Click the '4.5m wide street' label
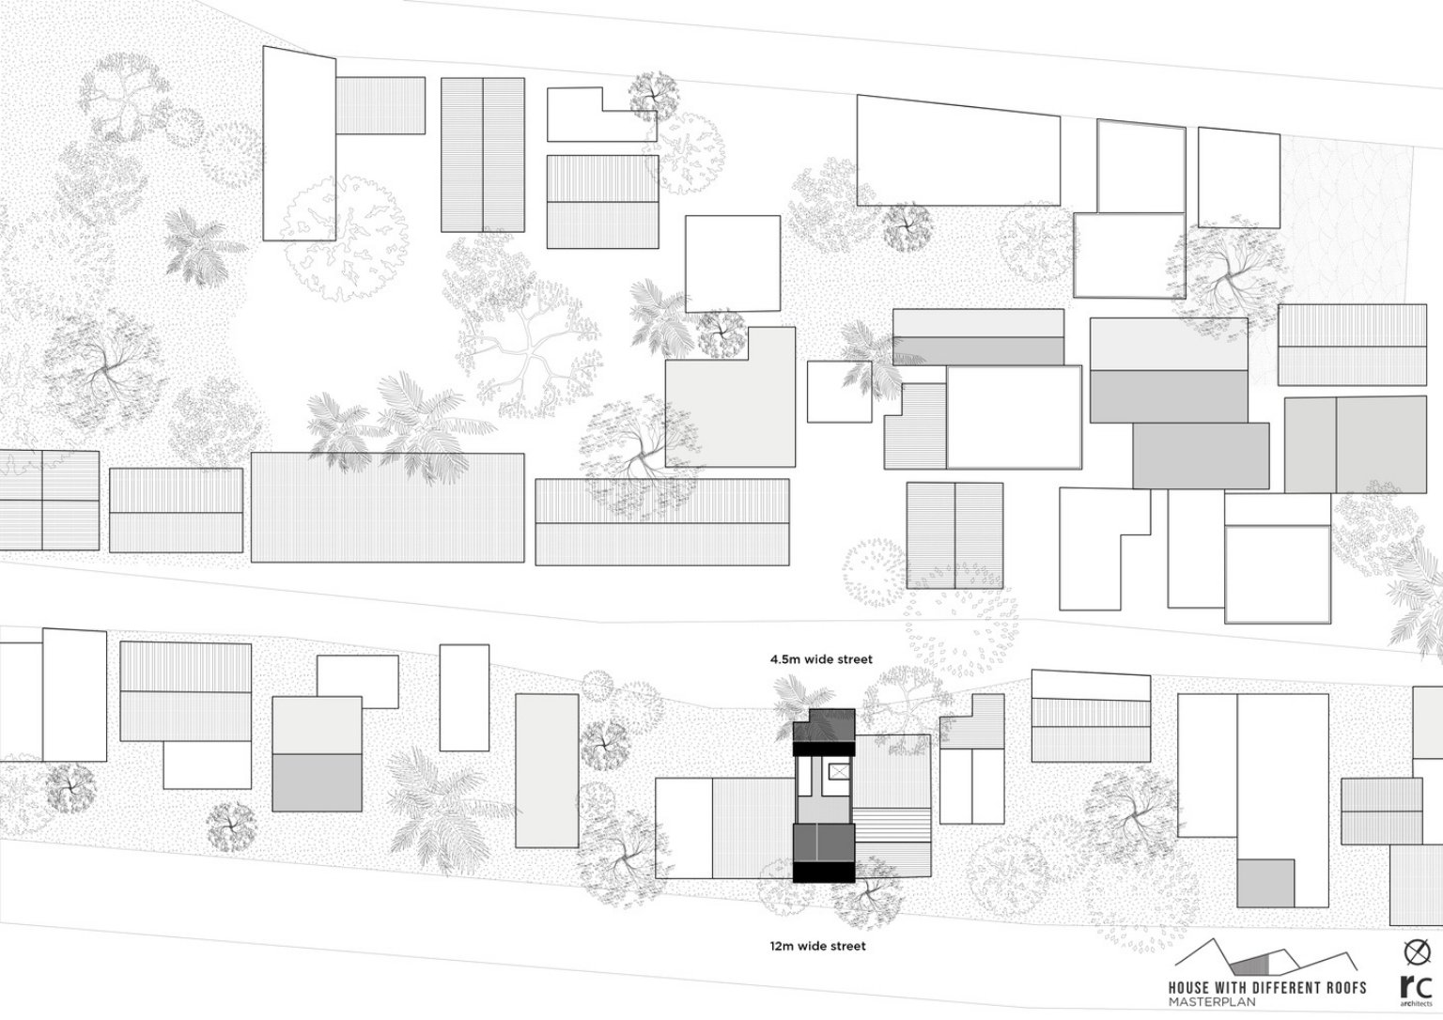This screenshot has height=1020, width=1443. click(x=821, y=659)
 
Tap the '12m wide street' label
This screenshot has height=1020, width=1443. click(x=818, y=946)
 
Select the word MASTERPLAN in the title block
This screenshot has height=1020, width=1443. click(x=1212, y=1002)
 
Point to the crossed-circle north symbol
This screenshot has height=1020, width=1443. click(x=1417, y=953)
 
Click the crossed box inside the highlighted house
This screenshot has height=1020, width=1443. click(x=839, y=771)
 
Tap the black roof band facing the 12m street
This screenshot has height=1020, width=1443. click(x=823, y=873)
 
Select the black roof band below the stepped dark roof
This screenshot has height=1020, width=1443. click(x=823, y=749)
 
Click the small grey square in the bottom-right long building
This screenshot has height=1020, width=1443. click(x=1265, y=884)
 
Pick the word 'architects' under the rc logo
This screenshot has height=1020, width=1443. click(x=1416, y=1003)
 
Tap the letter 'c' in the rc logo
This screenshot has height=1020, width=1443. click(x=1422, y=988)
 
